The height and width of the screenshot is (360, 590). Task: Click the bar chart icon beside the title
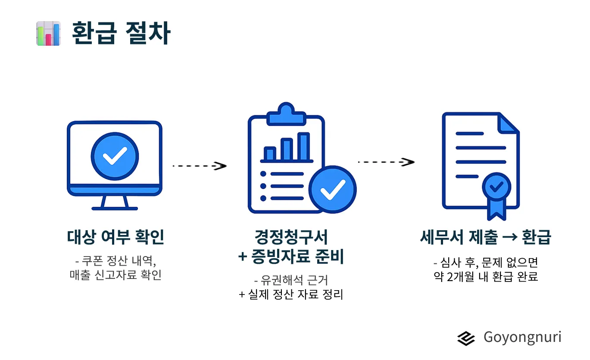click(48, 33)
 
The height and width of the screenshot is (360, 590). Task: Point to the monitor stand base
click(115, 208)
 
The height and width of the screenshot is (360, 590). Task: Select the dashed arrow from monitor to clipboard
click(200, 166)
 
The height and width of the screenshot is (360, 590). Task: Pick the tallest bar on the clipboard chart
click(304, 147)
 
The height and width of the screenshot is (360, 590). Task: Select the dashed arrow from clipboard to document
click(386, 162)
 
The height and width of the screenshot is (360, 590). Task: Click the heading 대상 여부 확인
click(116, 237)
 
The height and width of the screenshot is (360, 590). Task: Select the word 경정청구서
click(291, 237)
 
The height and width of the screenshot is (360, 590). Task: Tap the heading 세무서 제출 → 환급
click(485, 237)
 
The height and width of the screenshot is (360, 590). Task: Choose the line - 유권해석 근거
click(291, 280)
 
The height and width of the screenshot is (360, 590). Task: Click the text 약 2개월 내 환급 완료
click(485, 276)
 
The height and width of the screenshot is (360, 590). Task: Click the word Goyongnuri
click(522, 337)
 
